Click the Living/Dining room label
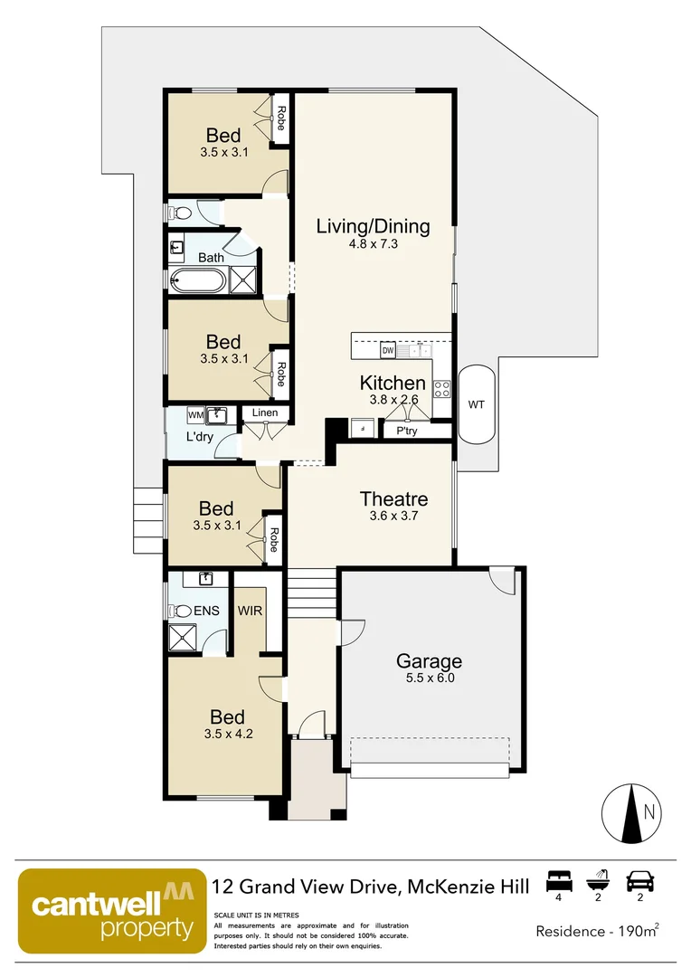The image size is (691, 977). pos(373,226)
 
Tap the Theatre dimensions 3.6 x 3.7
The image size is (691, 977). pos(393,517)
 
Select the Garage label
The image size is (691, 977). pos(430,661)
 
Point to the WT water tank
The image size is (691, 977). pos(476,404)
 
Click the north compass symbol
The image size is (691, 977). pos(631,811)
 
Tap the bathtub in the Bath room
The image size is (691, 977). pos(196,280)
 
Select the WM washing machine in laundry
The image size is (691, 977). pos(195,414)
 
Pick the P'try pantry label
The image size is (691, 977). pos(407,432)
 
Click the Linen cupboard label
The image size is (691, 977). pos(265,413)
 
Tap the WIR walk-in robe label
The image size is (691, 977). pos(250,611)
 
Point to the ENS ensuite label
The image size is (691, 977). pos(206,611)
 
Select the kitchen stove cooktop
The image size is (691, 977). pos(442,389)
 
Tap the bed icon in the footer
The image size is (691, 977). pos(558,879)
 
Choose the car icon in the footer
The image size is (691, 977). pos(640,879)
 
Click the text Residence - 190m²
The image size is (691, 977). pos(597,930)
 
